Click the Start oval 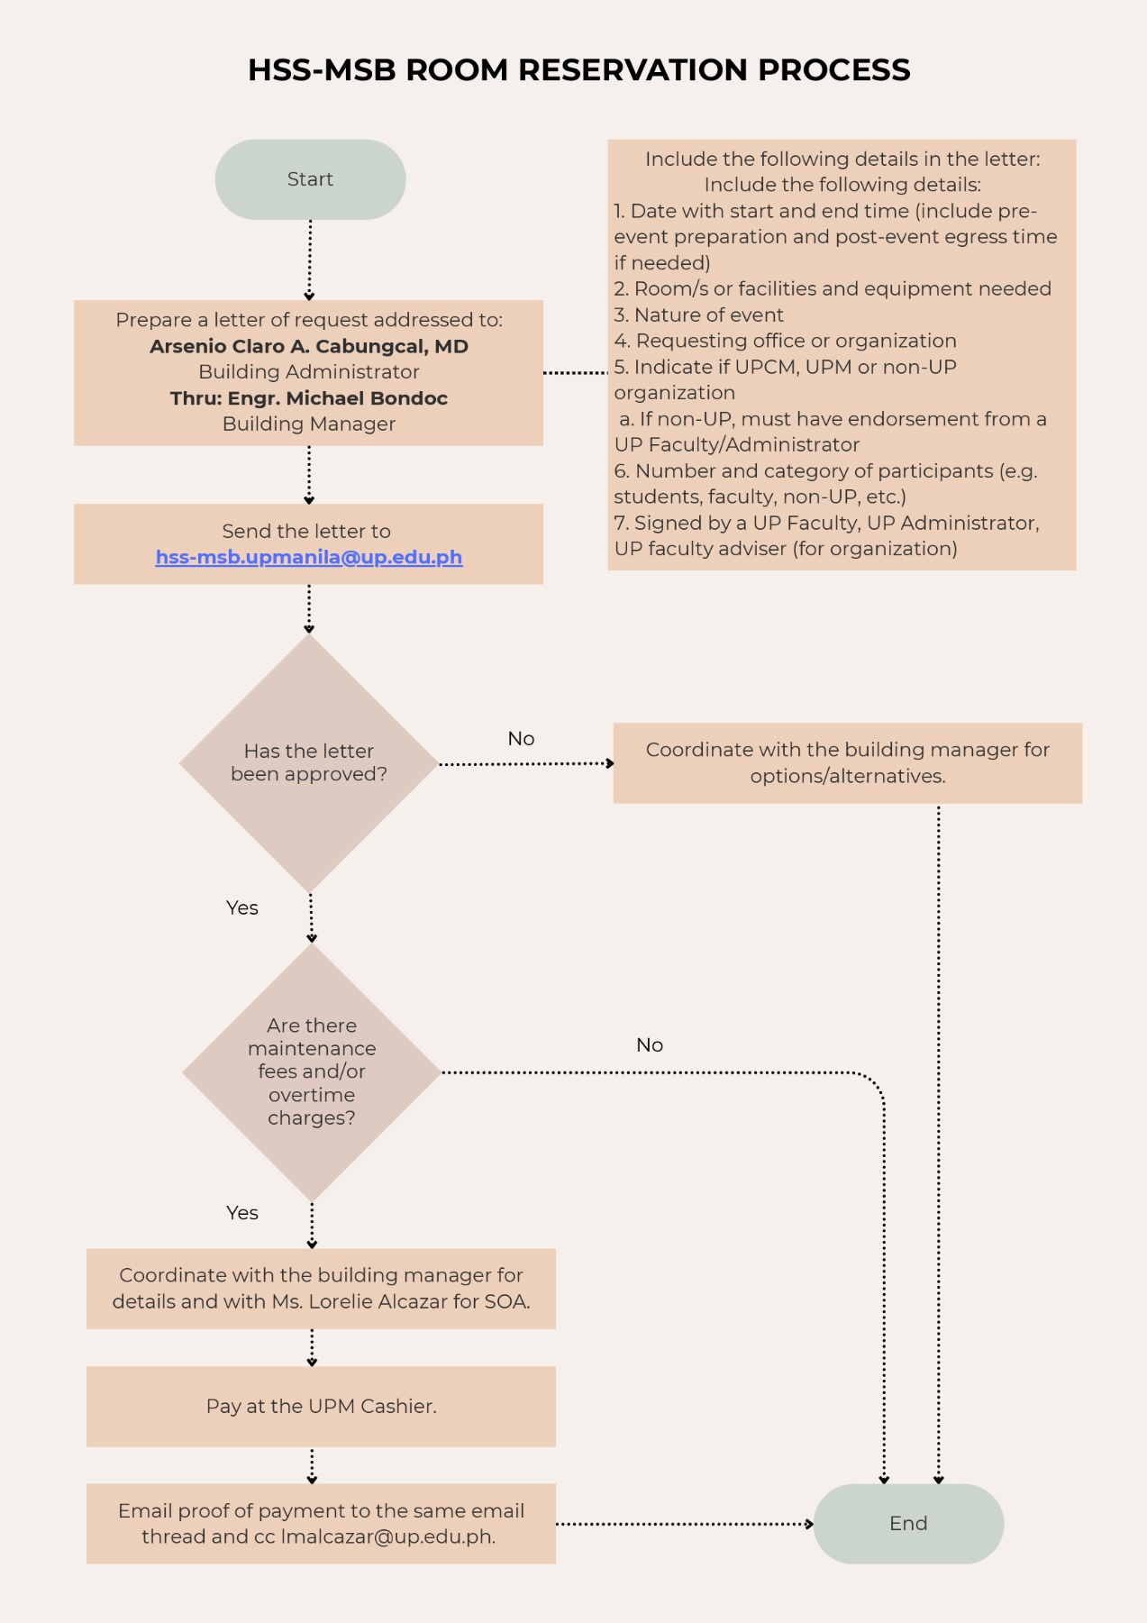(x=310, y=179)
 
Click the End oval (x=908, y=1523)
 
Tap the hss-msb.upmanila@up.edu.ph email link (x=309, y=557)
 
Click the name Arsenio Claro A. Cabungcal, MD (x=309, y=346)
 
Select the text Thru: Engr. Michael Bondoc (x=309, y=398)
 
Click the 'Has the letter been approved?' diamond (x=309, y=762)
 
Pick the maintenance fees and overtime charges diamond (x=312, y=1071)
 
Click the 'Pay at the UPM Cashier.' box (x=321, y=1406)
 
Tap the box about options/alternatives (x=847, y=762)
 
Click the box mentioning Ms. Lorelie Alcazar (x=321, y=1288)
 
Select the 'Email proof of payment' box (x=321, y=1523)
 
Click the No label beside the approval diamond (x=521, y=739)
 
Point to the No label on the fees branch (x=650, y=1045)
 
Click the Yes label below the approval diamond (x=242, y=908)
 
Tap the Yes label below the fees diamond (x=242, y=1213)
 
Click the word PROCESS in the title (x=833, y=70)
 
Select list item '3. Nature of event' (x=699, y=315)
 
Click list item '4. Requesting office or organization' (x=785, y=341)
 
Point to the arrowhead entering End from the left (x=809, y=1524)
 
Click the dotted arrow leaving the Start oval (x=310, y=260)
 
